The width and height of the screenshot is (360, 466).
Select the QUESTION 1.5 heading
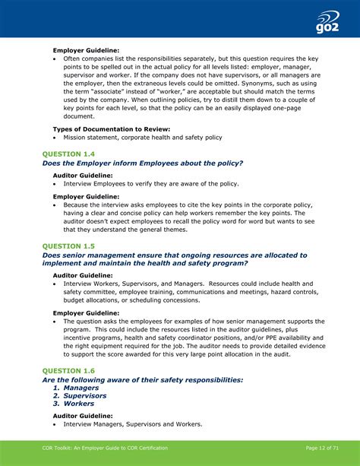(68, 246)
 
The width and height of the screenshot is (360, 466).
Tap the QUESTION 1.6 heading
(68, 370)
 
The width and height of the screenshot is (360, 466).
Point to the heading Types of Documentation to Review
(111, 129)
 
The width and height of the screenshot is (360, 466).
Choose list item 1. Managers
(75, 388)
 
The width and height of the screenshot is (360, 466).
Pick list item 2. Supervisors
(79, 396)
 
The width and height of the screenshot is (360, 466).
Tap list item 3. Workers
(73, 404)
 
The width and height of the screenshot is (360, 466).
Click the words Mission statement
(92, 138)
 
